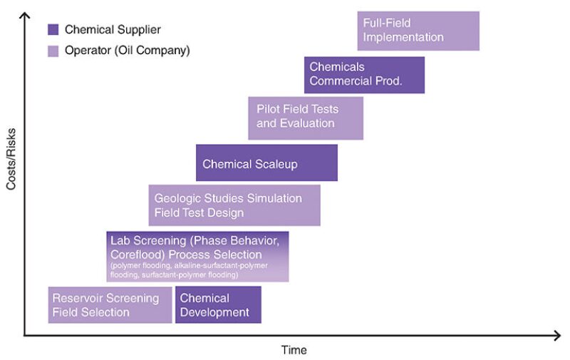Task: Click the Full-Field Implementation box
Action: tap(418, 31)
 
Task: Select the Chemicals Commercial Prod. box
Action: tap(364, 74)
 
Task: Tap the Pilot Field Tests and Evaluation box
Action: tap(306, 117)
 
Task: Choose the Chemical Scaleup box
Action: tap(266, 163)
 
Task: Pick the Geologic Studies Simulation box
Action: tap(234, 205)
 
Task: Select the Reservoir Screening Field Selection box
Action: tap(110, 304)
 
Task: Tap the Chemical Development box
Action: tap(218, 304)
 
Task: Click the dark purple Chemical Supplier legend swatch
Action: tap(53, 29)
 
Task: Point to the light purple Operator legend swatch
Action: tap(53, 51)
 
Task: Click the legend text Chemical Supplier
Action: tap(113, 29)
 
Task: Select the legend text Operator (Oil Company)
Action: tap(127, 51)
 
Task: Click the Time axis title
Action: tap(294, 350)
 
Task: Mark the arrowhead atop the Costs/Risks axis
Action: tap(26, 16)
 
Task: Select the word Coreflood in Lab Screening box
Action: tap(135, 254)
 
